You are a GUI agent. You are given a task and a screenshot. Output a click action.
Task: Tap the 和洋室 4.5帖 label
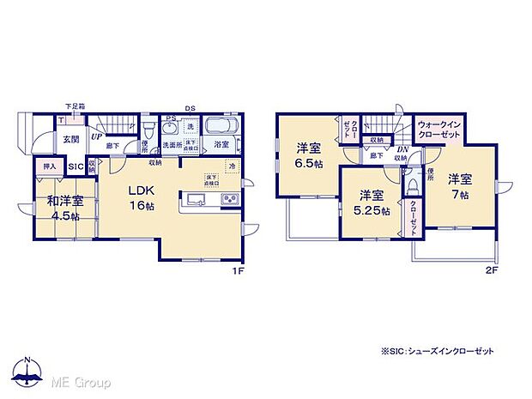click(65, 209)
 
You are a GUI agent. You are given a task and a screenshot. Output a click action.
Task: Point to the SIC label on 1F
click(75, 166)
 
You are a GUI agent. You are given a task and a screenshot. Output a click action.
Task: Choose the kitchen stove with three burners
click(231, 201)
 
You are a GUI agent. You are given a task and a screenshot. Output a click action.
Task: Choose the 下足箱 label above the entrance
click(75, 106)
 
